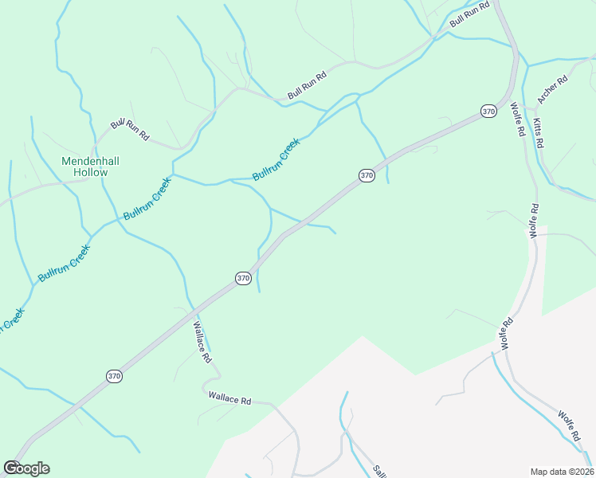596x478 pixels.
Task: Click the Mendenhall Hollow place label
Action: (x=90, y=166)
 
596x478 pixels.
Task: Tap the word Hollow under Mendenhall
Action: (x=90, y=172)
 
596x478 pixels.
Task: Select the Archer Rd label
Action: (x=552, y=89)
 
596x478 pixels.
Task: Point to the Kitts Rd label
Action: (x=539, y=132)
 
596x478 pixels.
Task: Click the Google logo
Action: (x=26, y=468)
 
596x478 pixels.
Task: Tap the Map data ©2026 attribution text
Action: (x=562, y=472)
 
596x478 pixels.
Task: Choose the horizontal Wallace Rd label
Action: (x=229, y=398)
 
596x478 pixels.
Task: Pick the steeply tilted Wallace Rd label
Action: (x=202, y=343)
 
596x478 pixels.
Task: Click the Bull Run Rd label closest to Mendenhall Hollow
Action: (x=130, y=129)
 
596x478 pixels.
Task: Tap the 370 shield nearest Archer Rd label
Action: (x=488, y=112)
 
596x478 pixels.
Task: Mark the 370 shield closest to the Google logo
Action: (x=115, y=376)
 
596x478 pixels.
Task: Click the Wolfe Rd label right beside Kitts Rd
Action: (x=516, y=119)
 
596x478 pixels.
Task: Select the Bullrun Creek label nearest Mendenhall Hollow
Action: (x=147, y=198)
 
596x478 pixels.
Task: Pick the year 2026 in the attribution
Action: (x=581, y=472)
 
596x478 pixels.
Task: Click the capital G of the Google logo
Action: (x=10, y=468)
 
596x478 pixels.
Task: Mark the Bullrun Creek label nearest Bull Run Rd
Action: (x=276, y=159)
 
